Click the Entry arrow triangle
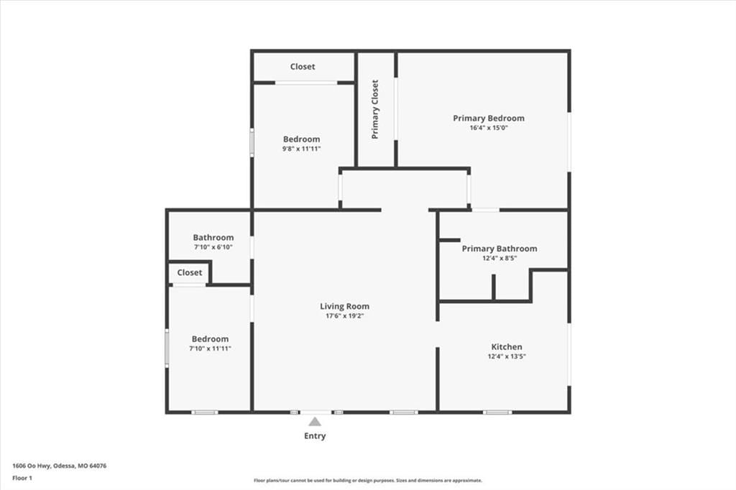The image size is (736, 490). [x=315, y=422]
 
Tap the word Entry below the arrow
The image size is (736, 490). [x=315, y=436]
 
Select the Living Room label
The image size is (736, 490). [x=344, y=307]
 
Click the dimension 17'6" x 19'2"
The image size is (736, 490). [x=344, y=316]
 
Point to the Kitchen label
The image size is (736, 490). [x=507, y=347]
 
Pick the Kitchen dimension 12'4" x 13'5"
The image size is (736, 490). [x=507, y=356]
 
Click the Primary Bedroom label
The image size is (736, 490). [x=489, y=119]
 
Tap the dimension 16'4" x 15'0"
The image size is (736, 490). [x=489, y=128]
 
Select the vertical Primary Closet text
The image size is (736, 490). [x=374, y=109]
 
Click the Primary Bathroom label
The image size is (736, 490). [x=500, y=249]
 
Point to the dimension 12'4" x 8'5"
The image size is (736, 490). [x=500, y=258]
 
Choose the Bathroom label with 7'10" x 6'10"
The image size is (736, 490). [x=213, y=238]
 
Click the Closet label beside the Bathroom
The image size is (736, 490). [x=190, y=273]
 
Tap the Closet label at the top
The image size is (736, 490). [x=303, y=67]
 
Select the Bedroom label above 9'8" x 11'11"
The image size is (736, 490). [x=301, y=139]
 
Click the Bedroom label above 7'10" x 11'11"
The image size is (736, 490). [x=210, y=339]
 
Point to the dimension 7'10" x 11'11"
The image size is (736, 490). [x=210, y=348]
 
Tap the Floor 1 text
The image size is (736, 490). [x=22, y=479]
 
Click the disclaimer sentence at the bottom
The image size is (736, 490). [x=368, y=481]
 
